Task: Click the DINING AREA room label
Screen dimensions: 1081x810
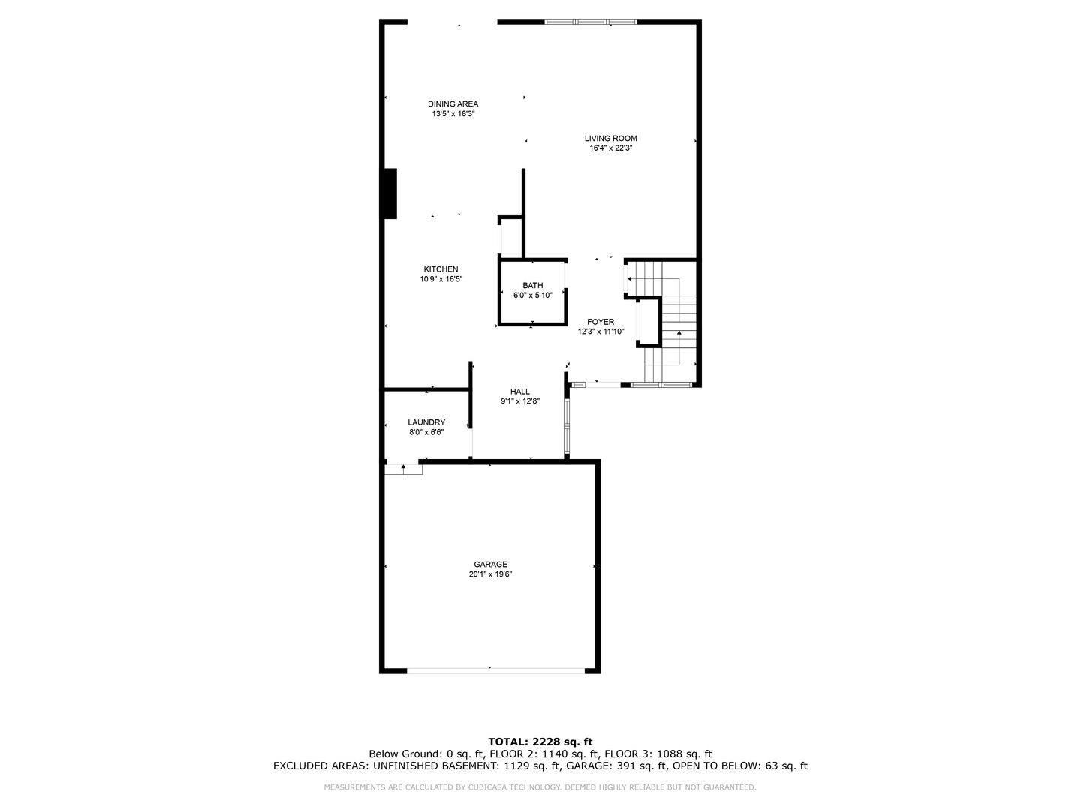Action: point(453,103)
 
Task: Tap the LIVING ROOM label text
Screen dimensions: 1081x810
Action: point(610,138)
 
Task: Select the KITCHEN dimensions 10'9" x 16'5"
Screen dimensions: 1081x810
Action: point(441,279)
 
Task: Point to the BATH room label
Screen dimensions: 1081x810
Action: point(533,285)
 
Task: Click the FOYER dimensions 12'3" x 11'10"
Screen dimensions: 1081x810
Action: point(601,331)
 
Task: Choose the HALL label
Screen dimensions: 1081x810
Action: point(520,391)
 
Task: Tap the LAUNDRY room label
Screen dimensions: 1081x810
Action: point(426,422)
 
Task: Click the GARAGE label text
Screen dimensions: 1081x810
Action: point(490,564)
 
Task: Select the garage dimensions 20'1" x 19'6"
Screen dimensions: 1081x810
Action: point(490,574)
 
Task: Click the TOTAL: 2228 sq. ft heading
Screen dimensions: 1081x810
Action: point(540,742)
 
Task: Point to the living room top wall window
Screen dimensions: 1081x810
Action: point(591,22)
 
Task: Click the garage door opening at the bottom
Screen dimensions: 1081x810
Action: point(496,670)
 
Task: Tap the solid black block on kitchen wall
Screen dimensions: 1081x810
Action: point(390,193)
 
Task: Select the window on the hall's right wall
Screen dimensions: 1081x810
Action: point(567,426)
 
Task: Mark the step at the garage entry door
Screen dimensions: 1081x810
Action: point(403,469)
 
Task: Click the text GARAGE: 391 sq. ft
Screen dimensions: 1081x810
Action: point(616,766)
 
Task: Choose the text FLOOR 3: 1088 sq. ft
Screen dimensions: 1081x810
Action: point(658,754)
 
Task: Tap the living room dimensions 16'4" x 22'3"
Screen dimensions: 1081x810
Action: point(610,148)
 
